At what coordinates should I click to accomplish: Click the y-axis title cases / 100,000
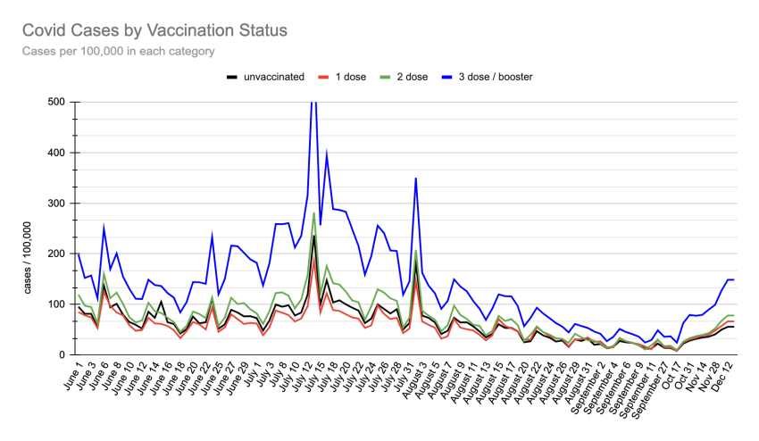click(26, 255)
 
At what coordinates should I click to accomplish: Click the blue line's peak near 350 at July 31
click(415, 178)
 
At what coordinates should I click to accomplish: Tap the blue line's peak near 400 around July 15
click(327, 153)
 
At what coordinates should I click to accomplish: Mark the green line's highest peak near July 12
click(313, 213)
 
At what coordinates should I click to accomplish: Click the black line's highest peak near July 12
click(313, 236)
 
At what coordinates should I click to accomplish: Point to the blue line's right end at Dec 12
click(734, 280)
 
